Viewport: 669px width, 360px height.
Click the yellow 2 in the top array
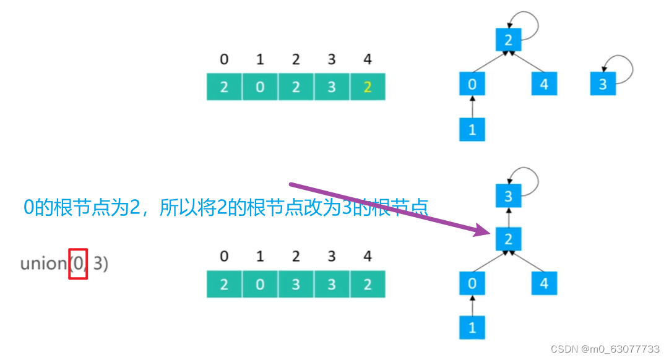tap(368, 87)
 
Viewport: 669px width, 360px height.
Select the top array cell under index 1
tap(260, 87)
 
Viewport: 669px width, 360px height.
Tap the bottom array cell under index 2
tap(296, 284)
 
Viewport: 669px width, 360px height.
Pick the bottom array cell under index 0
tap(224, 284)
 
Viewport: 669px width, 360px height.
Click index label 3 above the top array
tap(332, 59)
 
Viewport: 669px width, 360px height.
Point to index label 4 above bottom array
tap(368, 256)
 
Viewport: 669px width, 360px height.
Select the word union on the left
tap(43, 264)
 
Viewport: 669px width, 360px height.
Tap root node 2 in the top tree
tap(509, 40)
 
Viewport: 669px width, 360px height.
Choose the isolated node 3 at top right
tap(603, 84)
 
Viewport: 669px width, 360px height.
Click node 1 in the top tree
tap(472, 129)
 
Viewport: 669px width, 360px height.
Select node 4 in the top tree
tap(544, 84)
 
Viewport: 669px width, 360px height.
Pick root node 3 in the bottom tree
tap(509, 196)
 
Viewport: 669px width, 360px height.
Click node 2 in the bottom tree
tap(509, 239)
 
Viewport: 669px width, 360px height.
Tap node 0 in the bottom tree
tap(472, 283)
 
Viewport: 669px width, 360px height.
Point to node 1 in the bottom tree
tap(472, 327)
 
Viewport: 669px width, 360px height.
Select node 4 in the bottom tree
tap(544, 283)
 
